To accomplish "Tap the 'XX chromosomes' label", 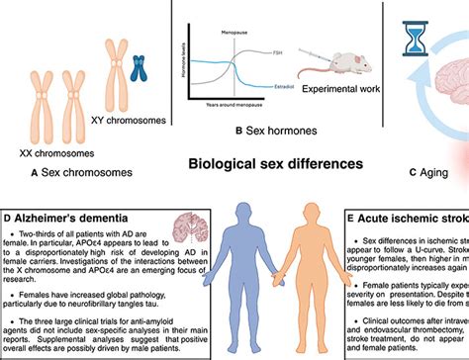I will point(58,153).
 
